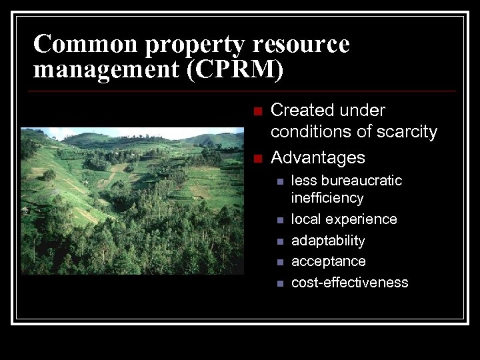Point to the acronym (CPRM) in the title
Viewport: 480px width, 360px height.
pos(235,69)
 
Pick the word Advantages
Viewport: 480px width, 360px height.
pos(318,158)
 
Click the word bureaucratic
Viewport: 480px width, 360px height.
pos(362,181)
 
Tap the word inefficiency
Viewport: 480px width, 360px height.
pos(327,198)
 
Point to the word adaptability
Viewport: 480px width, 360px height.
pos(328,241)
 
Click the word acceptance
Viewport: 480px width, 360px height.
pos(329,261)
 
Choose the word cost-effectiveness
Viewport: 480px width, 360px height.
pos(349,282)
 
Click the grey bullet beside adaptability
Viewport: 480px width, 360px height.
pos(280,241)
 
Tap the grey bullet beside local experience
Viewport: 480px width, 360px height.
pos(280,220)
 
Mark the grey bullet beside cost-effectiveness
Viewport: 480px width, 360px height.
pos(280,283)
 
